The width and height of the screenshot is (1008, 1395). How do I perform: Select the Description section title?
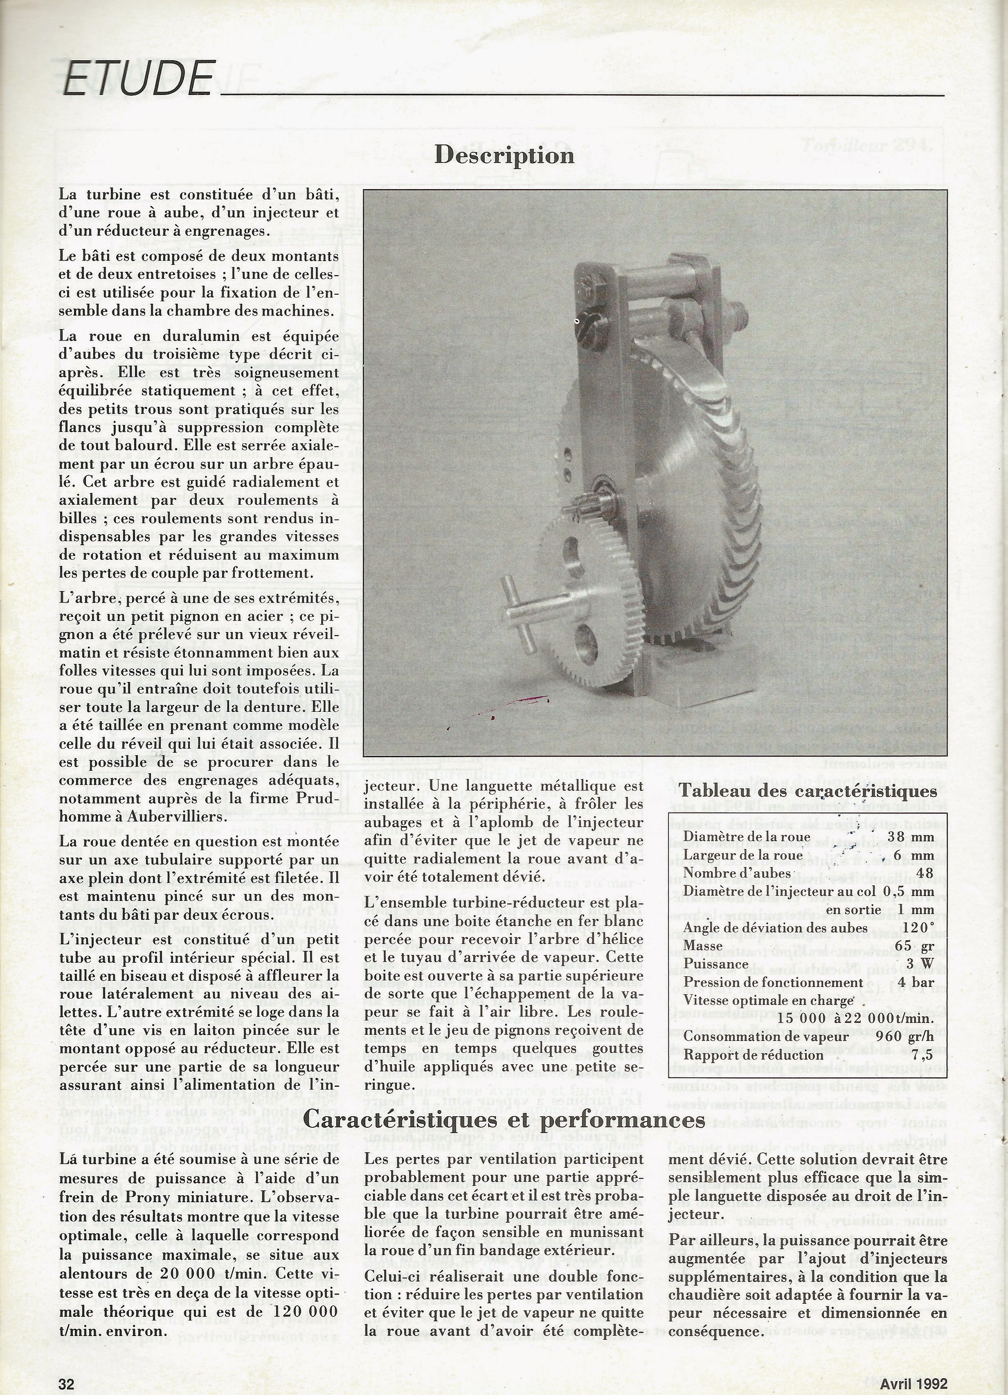504,156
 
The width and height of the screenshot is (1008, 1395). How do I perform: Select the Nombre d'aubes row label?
737,874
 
